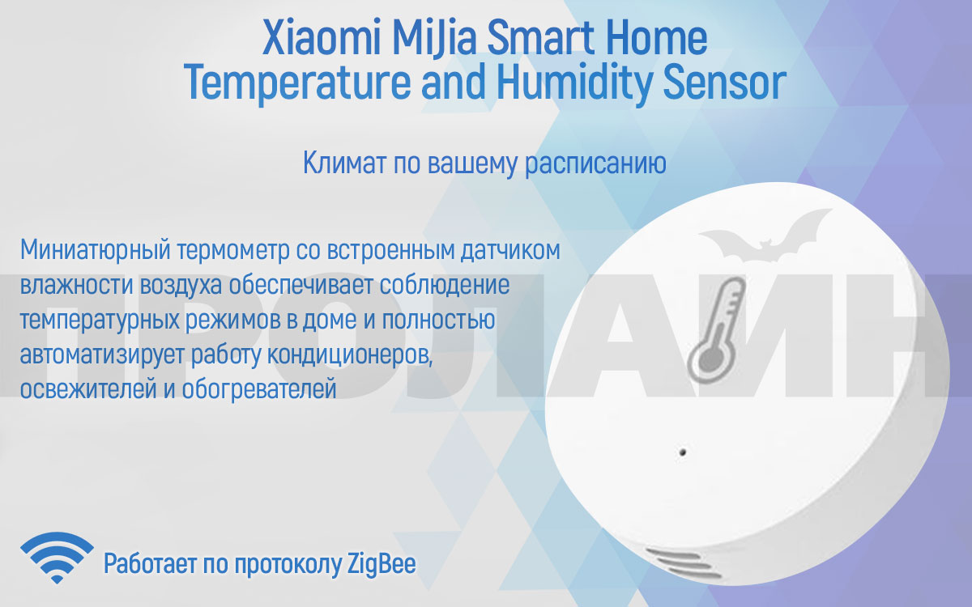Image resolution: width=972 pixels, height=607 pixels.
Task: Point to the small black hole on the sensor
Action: pos(682,452)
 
